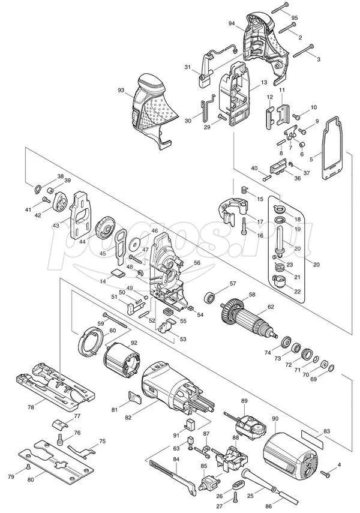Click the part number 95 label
tap(294, 17)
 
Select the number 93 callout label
tap(121, 90)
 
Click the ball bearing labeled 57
tap(209, 298)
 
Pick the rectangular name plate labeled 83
tap(312, 440)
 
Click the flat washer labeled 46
tap(134, 244)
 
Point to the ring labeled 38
tap(38, 189)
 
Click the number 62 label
tap(271, 307)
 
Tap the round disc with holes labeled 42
tap(59, 200)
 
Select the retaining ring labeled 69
tap(331, 368)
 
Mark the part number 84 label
tap(176, 460)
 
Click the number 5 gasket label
tap(311, 159)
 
